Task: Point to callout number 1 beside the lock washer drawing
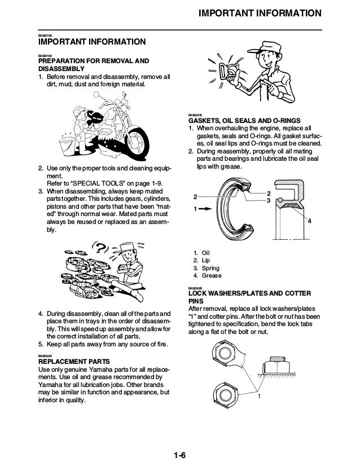pyautogui.click(x=260, y=397)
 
